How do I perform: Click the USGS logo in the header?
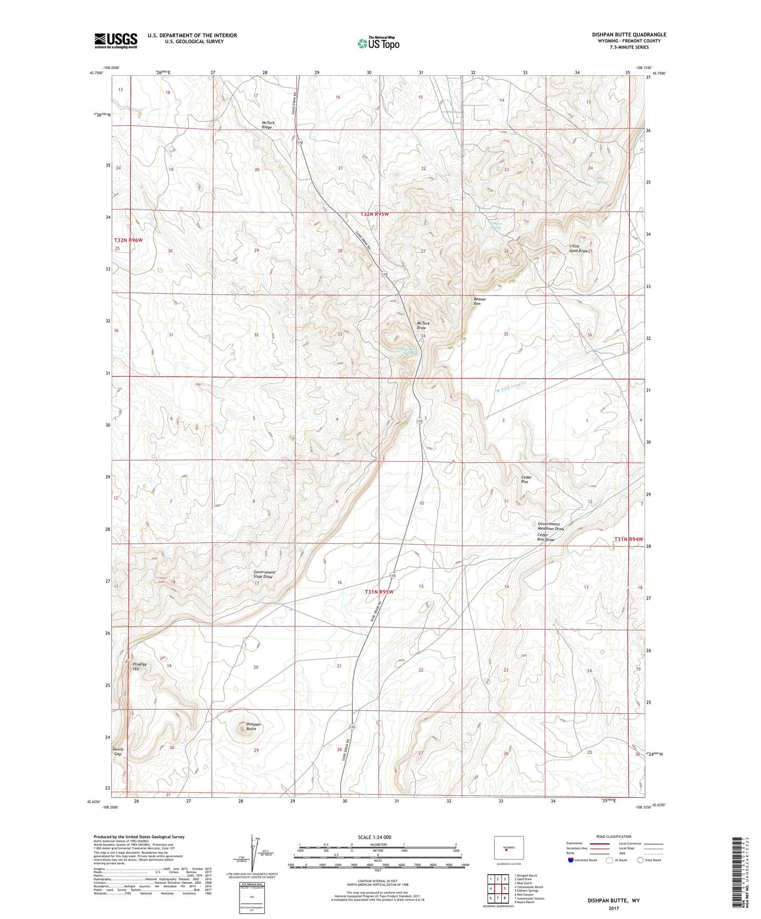coord(115,41)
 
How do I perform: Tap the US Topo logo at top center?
coord(378,43)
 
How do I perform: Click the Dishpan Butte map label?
coord(253,726)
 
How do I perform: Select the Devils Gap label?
coord(117,751)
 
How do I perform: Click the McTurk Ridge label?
coord(268,125)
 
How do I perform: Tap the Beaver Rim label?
coord(480,301)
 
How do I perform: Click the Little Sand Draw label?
coord(578,248)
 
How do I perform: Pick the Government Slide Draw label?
coord(264,574)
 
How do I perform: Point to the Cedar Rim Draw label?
coord(546,537)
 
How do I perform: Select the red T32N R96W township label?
coord(129,240)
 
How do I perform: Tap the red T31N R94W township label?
coord(628,540)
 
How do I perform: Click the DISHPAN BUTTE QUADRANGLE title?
coord(629,34)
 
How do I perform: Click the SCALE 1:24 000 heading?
coord(374,837)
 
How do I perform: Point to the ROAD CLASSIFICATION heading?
coord(614,836)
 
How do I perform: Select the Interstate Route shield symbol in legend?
coord(571,860)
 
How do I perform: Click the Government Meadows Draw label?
coord(551,526)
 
